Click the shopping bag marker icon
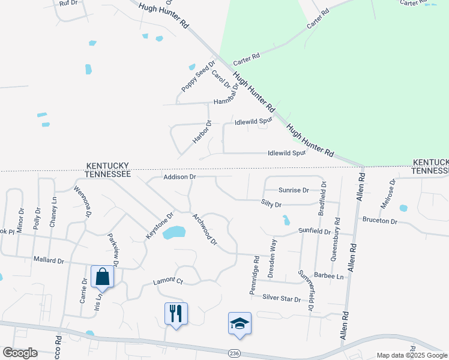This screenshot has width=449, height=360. tap(102, 277)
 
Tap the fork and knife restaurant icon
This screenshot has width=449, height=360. tap(176, 313)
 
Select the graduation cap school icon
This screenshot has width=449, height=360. tap(240, 323)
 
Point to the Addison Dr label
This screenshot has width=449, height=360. tap(180, 177)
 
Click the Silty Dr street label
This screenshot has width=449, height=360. tap(271, 205)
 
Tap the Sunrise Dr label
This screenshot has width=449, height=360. tap(294, 190)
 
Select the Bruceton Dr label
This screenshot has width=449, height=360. tap(379, 221)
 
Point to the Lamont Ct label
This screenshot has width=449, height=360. tap(167, 280)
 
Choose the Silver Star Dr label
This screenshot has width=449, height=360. tap(281, 298)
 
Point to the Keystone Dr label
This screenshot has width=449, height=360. tap(160, 226)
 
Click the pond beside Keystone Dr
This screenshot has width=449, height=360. tap(174, 232)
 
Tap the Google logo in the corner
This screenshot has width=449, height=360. tap(20, 353)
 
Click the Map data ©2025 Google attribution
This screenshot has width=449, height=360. tap(411, 355)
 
